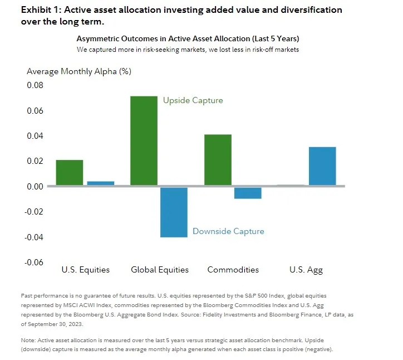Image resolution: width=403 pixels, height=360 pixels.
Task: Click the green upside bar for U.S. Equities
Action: (70, 173)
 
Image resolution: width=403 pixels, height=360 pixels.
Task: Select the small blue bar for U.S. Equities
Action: (101, 183)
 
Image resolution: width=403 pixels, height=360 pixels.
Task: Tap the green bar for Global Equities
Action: (144, 140)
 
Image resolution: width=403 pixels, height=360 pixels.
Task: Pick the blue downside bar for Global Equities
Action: (174, 212)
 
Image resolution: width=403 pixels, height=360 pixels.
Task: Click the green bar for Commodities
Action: (218, 160)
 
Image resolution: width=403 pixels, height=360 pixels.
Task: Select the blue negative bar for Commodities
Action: (248, 193)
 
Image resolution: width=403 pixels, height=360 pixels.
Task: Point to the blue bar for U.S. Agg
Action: (322, 166)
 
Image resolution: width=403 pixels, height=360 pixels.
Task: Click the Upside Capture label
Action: (193, 101)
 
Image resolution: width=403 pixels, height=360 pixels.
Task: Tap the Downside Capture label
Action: (228, 231)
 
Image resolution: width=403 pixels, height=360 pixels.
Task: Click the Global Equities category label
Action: (160, 270)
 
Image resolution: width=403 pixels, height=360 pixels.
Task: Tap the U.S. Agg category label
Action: (306, 270)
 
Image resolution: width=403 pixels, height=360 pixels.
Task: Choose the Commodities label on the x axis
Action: (233, 270)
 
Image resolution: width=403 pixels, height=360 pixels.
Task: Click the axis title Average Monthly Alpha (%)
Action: (79, 71)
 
